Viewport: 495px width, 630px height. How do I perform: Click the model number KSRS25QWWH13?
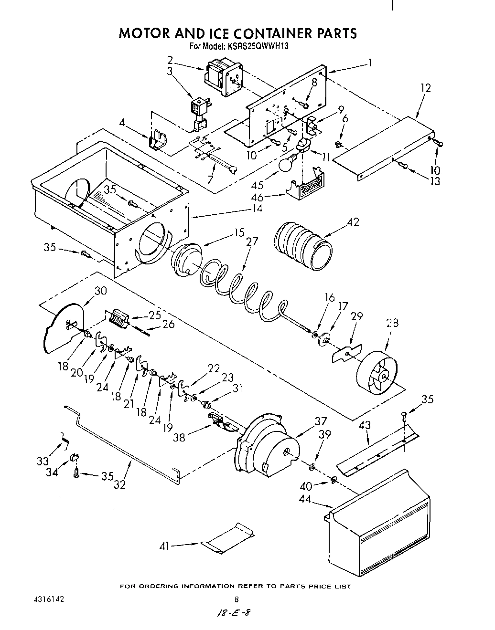pos(258,47)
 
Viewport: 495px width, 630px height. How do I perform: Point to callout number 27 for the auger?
pos(252,241)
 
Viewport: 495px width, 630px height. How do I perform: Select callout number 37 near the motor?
pos(321,421)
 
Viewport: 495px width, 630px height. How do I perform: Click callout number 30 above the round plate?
pos(100,291)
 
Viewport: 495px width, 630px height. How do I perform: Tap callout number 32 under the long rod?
pos(119,484)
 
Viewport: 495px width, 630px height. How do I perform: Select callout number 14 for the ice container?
pos(257,209)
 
